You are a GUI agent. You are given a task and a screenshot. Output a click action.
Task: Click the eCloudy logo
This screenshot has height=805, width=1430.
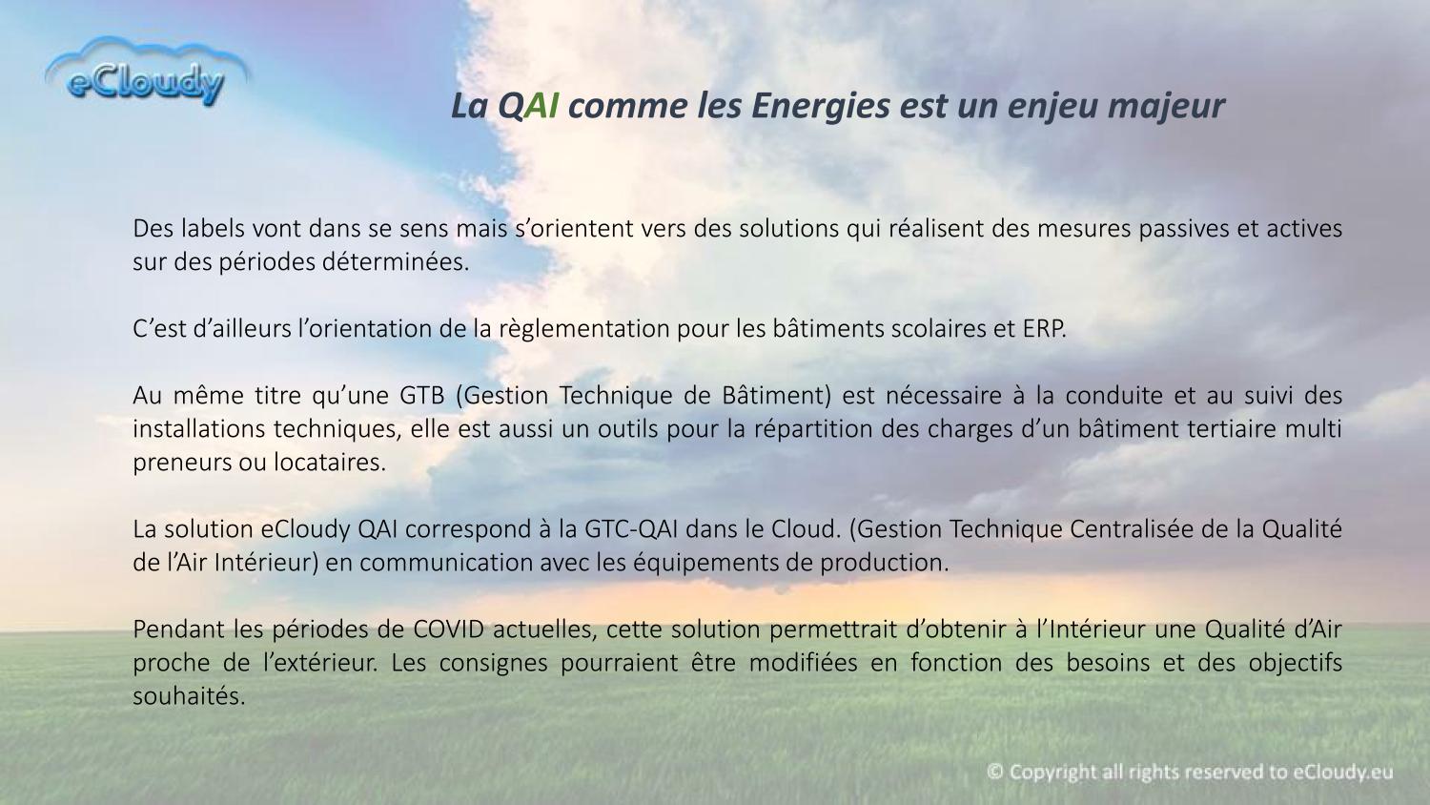[x=147, y=72]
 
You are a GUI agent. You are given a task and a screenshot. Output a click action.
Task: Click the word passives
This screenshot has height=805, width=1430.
[x=1184, y=229]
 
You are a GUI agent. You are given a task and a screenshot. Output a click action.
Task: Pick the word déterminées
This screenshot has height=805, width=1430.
[x=396, y=262]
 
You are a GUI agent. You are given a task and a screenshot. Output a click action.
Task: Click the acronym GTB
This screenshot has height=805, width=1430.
[x=422, y=396]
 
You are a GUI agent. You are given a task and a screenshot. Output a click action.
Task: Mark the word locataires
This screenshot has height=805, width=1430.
[x=330, y=463]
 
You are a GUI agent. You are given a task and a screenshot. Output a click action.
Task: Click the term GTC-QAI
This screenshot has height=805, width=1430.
[x=632, y=529]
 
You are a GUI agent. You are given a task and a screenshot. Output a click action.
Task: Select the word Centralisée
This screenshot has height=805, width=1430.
[x=1128, y=529]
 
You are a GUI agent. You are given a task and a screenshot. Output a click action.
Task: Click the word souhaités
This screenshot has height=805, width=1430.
[x=189, y=695]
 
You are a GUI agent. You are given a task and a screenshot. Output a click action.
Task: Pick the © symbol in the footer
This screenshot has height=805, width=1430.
[x=994, y=772]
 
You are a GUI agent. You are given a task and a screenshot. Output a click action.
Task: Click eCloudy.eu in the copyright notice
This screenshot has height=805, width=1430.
[x=1343, y=773]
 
